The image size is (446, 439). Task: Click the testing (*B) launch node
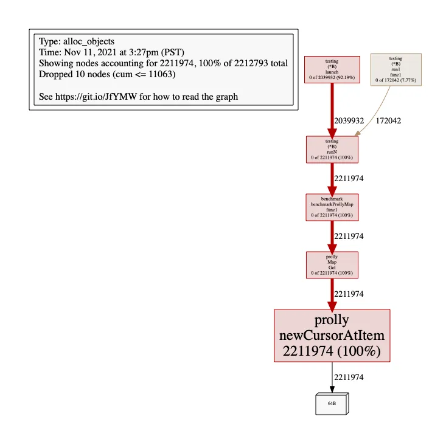332,69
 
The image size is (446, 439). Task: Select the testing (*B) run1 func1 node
396,69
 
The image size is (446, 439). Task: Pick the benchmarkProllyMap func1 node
332,207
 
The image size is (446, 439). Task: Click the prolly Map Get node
332,265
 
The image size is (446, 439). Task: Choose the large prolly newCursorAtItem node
332,336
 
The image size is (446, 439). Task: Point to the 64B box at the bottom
332,403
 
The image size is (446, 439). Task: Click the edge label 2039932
349,121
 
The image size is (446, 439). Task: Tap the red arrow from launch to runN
332,109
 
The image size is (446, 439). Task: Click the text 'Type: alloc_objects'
77,42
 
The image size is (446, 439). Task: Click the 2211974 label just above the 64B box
349,378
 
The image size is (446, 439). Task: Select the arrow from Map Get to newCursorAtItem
332,294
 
